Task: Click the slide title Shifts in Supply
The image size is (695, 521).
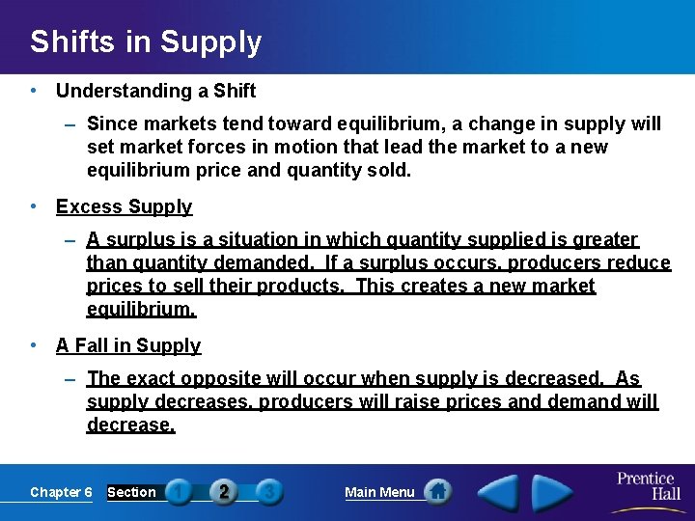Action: [145, 41]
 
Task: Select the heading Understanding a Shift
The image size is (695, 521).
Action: [155, 91]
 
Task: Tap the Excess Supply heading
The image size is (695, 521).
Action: [124, 206]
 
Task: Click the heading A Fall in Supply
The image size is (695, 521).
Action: [128, 345]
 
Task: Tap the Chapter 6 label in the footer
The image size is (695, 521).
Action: [61, 492]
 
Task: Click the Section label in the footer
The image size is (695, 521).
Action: [131, 492]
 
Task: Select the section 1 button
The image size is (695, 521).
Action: [179, 492]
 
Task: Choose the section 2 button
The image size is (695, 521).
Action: [224, 492]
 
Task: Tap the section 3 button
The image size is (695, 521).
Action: [269, 492]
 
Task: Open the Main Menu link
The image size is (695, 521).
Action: [379, 492]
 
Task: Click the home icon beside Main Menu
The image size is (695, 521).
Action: [438, 492]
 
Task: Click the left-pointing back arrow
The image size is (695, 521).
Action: [499, 492]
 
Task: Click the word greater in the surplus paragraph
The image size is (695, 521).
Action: [604, 239]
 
